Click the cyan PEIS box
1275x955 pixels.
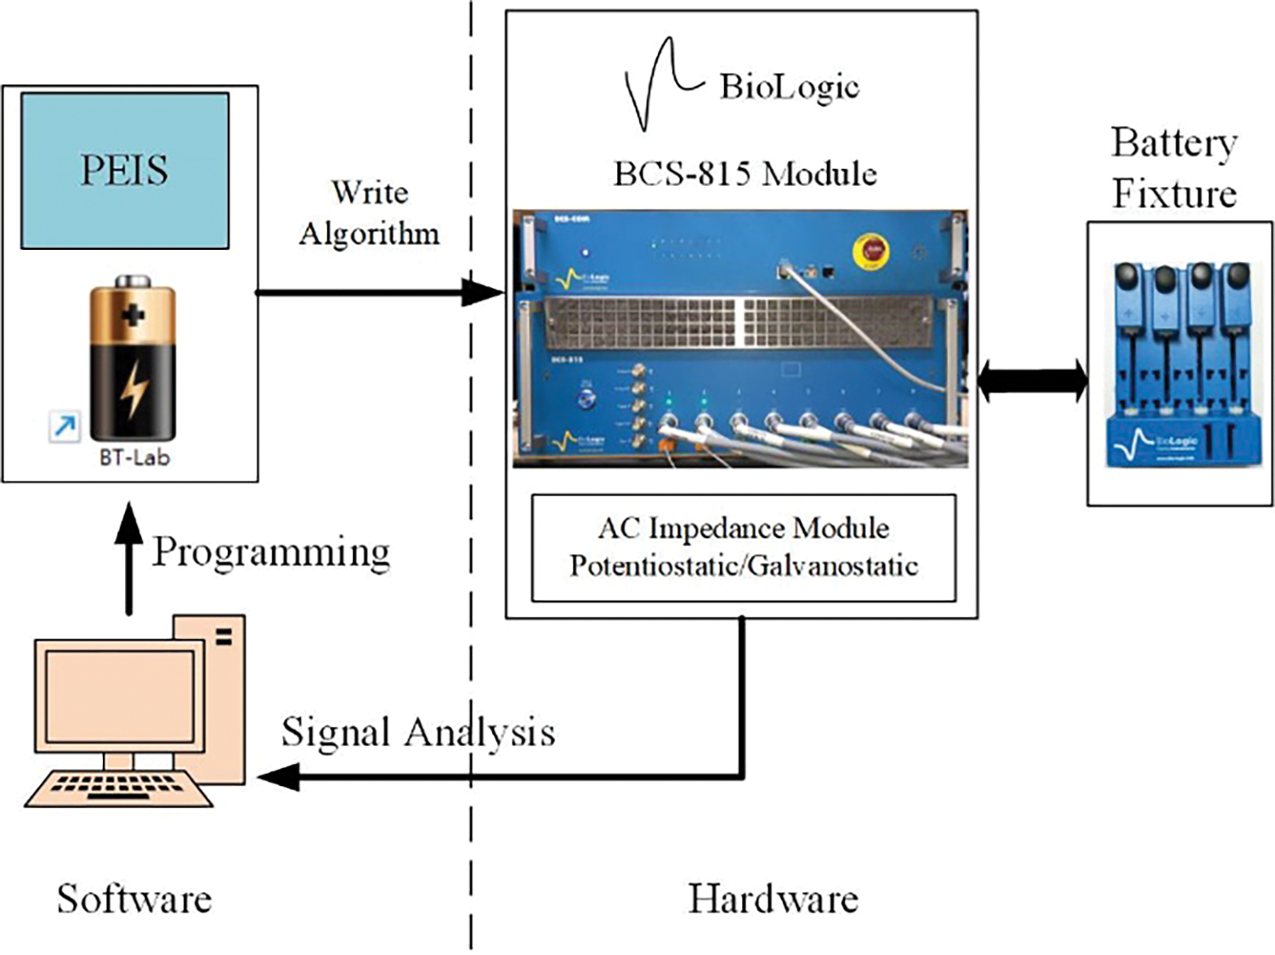click(x=125, y=170)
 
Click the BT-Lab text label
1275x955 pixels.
click(x=134, y=458)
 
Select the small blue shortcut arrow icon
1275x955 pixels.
click(x=65, y=426)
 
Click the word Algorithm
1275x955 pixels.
click(x=370, y=234)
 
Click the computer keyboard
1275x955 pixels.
click(x=118, y=787)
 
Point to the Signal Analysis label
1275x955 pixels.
click(x=418, y=732)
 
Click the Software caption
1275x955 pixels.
click(x=134, y=899)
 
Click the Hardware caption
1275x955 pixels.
click(x=773, y=899)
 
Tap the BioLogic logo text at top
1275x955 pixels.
click(x=789, y=87)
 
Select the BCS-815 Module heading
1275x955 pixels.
click(x=745, y=174)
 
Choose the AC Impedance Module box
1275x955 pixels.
click(x=744, y=548)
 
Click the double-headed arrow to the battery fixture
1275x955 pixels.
click(x=1032, y=380)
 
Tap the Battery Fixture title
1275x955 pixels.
click(x=1174, y=168)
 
